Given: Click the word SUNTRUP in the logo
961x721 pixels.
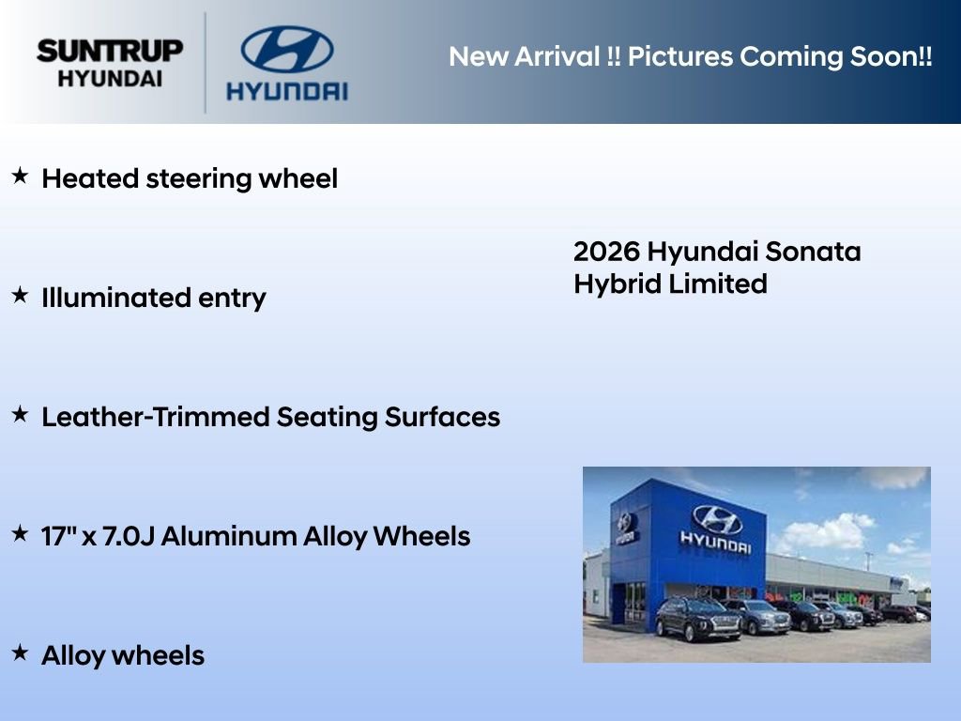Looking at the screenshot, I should [x=109, y=51].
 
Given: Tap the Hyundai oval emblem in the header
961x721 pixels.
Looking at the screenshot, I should [x=286, y=50].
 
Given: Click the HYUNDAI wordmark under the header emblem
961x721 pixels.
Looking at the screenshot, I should [x=286, y=91].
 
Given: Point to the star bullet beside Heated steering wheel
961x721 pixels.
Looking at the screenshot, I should [x=20, y=176].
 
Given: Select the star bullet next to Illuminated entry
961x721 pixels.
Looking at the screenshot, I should [x=20, y=295].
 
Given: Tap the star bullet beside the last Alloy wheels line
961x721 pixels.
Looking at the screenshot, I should [x=20, y=652].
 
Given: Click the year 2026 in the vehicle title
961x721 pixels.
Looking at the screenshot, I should [x=606, y=252].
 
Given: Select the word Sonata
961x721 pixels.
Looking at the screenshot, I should [x=812, y=252].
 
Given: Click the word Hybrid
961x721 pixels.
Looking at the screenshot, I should [x=617, y=284].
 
